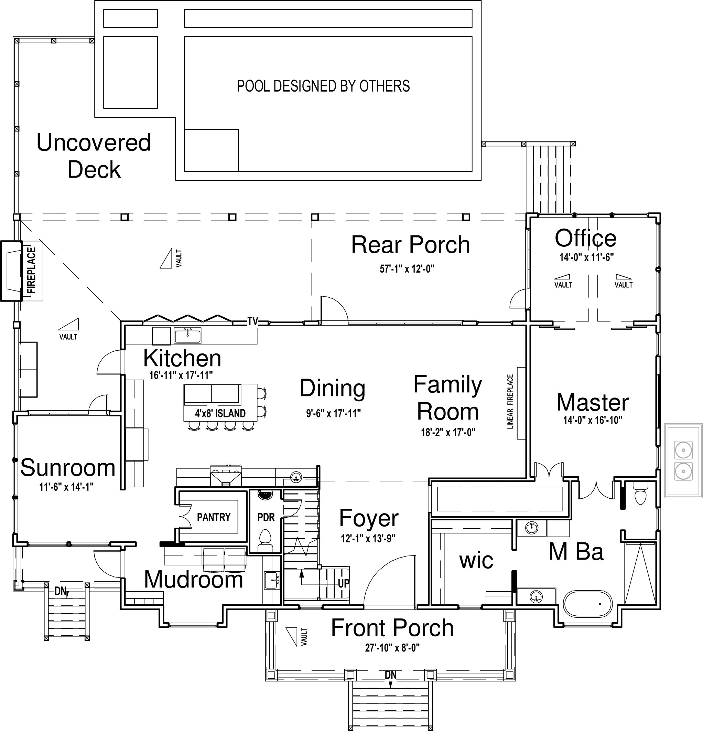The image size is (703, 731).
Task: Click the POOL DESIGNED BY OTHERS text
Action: point(323,86)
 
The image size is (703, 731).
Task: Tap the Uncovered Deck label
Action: point(94,156)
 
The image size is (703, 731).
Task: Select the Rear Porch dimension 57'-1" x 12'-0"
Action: point(407,269)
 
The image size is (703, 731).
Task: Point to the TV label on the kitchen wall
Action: point(253,321)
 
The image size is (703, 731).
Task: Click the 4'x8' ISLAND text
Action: point(220,413)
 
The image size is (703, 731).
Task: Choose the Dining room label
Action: point(333,388)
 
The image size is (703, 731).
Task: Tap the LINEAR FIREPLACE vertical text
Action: point(510,402)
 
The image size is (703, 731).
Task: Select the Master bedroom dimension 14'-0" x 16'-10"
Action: point(593,420)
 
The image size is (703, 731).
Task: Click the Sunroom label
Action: point(68,468)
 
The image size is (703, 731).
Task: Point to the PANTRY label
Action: point(214,517)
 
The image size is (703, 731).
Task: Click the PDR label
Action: point(266,517)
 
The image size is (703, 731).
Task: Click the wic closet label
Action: point(476,561)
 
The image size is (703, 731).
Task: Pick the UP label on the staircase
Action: point(344,583)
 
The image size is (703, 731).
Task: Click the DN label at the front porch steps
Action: point(391,675)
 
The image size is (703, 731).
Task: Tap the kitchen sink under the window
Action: point(187,336)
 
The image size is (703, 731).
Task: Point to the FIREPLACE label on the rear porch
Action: point(32,271)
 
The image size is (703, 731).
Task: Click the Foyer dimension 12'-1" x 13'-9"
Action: point(368,539)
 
